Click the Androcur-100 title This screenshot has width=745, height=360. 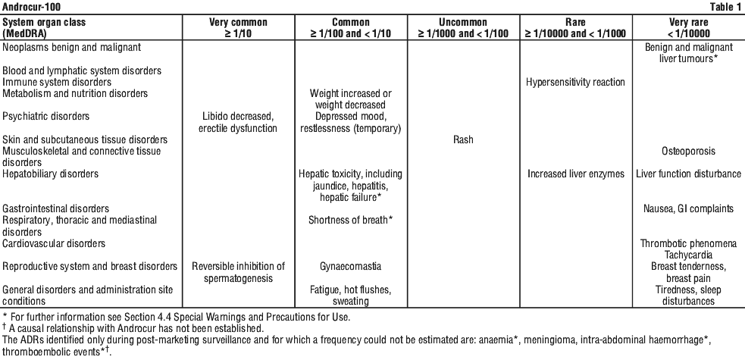coord(31,7)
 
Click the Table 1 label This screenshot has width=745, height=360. coord(725,7)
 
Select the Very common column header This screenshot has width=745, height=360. coord(239,27)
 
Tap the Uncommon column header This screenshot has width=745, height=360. coord(463,27)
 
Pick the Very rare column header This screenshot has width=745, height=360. coord(688,27)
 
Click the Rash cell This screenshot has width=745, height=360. coord(463,139)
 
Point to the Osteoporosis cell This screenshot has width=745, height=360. coord(688,151)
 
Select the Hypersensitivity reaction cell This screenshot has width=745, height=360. coord(575,82)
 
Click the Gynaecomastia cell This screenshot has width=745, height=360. coord(351,267)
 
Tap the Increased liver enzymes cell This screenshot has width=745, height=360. coord(576,174)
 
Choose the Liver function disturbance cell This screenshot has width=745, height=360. coord(688,174)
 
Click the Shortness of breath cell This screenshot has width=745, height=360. coord(351,220)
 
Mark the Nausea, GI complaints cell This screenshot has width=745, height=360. coord(688,208)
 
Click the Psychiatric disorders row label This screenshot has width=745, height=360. coord(45,117)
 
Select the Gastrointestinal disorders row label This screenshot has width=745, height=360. coord(55,208)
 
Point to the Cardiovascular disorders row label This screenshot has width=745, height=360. coord(54,243)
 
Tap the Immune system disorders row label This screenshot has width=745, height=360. coord(57,82)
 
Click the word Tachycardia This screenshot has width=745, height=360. coord(688,255)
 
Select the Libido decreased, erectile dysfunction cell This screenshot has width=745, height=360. coord(238,122)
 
